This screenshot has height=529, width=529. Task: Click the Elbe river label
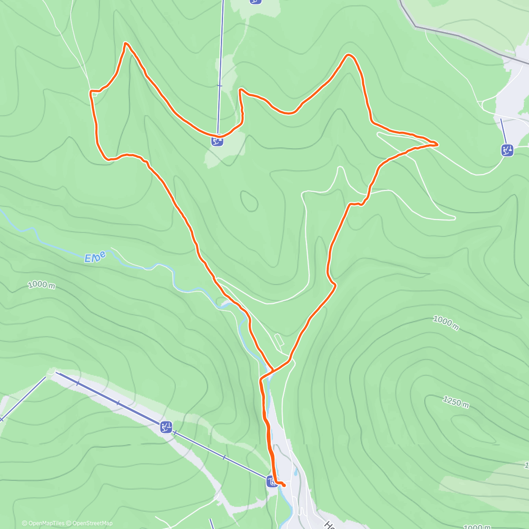(95, 257)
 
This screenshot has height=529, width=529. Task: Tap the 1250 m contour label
(456, 402)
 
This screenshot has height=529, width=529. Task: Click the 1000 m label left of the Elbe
(41, 285)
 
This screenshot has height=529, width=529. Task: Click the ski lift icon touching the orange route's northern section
(217, 141)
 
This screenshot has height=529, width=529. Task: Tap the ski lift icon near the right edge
(507, 150)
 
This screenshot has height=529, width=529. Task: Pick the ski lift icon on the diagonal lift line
(166, 427)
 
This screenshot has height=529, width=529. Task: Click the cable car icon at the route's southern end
(272, 481)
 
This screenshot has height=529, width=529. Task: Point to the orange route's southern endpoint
(284, 486)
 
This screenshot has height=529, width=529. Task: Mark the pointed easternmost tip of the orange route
(436, 144)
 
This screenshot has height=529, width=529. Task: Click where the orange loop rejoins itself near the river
(273, 369)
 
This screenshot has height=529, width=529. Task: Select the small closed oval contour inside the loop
(250, 201)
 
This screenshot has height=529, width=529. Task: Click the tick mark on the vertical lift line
(220, 86)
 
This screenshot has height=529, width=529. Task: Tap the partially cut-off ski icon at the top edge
(255, 1)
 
